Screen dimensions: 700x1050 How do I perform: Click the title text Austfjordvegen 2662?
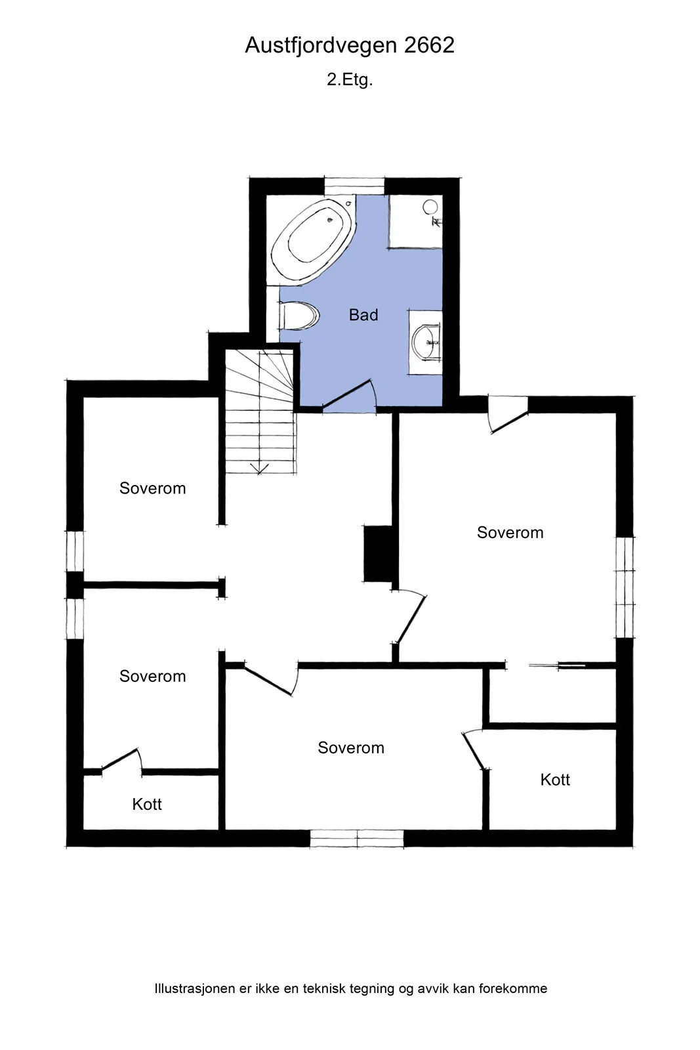[x=350, y=45]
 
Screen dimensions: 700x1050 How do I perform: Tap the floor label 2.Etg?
[x=350, y=79]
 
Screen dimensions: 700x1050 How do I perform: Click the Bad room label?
[x=363, y=314]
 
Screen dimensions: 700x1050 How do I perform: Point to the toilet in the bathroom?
[x=299, y=316]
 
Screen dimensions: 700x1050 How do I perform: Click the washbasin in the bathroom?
[x=426, y=342]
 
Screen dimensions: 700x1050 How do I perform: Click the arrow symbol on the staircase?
[x=260, y=469]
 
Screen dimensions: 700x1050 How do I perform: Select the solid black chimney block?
[x=378, y=554]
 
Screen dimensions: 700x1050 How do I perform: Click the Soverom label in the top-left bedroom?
[x=152, y=488]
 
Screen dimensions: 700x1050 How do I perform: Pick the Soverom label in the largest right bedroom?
[x=510, y=532]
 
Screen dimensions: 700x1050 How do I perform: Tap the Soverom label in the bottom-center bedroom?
[x=350, y=747]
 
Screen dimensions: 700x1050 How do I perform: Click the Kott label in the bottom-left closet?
[x=147, y=804]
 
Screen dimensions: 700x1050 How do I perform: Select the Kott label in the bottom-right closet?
[x=555, y=780]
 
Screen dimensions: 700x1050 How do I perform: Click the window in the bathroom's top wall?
[x=354, y=186]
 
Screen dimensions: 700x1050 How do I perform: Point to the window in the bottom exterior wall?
[x=356, y=839]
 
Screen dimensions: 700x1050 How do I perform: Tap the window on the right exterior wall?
[x=625, y=587]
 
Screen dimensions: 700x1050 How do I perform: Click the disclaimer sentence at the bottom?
[x=351, y=988]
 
